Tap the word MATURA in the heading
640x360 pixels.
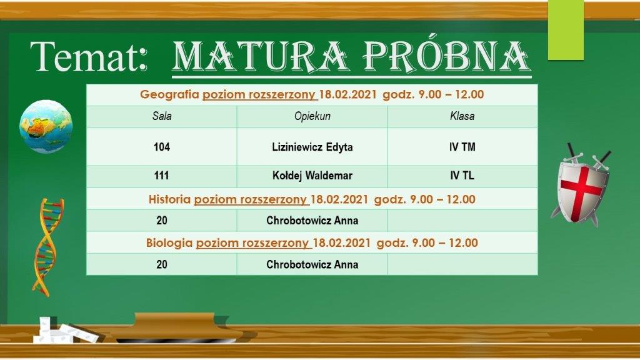point(261,56)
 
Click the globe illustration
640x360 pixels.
point(46,126)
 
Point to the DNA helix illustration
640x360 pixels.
point(47,246)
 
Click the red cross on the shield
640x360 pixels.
point(580,186)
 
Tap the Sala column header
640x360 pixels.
point(162,116)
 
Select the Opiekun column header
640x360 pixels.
point(312,116)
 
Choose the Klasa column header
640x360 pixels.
point(462,116)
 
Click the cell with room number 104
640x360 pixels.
point(162,147)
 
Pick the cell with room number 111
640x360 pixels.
point(162,176)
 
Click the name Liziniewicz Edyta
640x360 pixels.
point(312,147)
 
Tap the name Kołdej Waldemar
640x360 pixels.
point(312,176)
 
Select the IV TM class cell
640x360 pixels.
point(462,147)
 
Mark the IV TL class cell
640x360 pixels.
point(462,176)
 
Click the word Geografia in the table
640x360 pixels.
point(170,95)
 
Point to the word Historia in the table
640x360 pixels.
point(169,199)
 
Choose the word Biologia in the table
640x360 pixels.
point(169,243)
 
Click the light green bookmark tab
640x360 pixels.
point(566,30)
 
